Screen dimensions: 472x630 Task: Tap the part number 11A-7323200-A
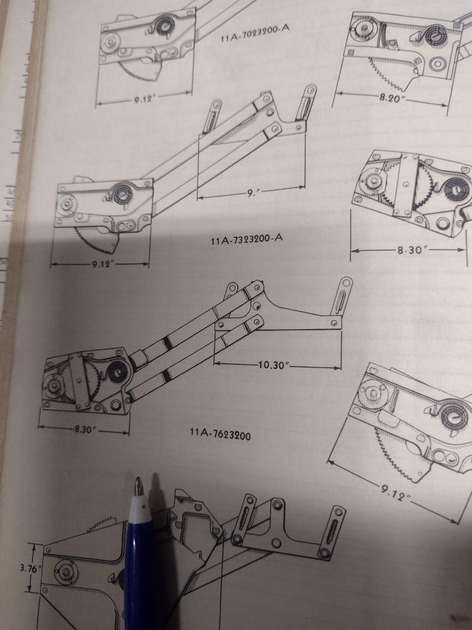coord(246,239)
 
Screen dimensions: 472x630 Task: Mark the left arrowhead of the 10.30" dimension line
coord(217,363)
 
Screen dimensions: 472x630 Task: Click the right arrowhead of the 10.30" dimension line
coord(338,367)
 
